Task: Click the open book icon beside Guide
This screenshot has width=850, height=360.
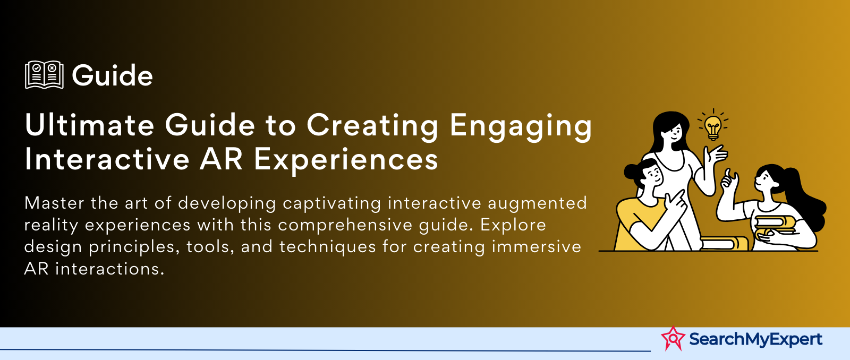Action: click(44, 75)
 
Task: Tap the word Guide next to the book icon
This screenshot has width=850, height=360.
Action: click(112, 75)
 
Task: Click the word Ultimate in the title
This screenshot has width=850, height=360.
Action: click(89, 125)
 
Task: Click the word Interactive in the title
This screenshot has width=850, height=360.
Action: click(107, 159)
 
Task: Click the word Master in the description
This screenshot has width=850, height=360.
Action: click(55, 203)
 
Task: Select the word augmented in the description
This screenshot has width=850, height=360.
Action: click(537, 204)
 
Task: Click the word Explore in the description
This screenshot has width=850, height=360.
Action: click(513, 226)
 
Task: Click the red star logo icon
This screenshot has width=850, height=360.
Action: click(673, 338)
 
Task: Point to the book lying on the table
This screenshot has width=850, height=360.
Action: click(724, 243)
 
